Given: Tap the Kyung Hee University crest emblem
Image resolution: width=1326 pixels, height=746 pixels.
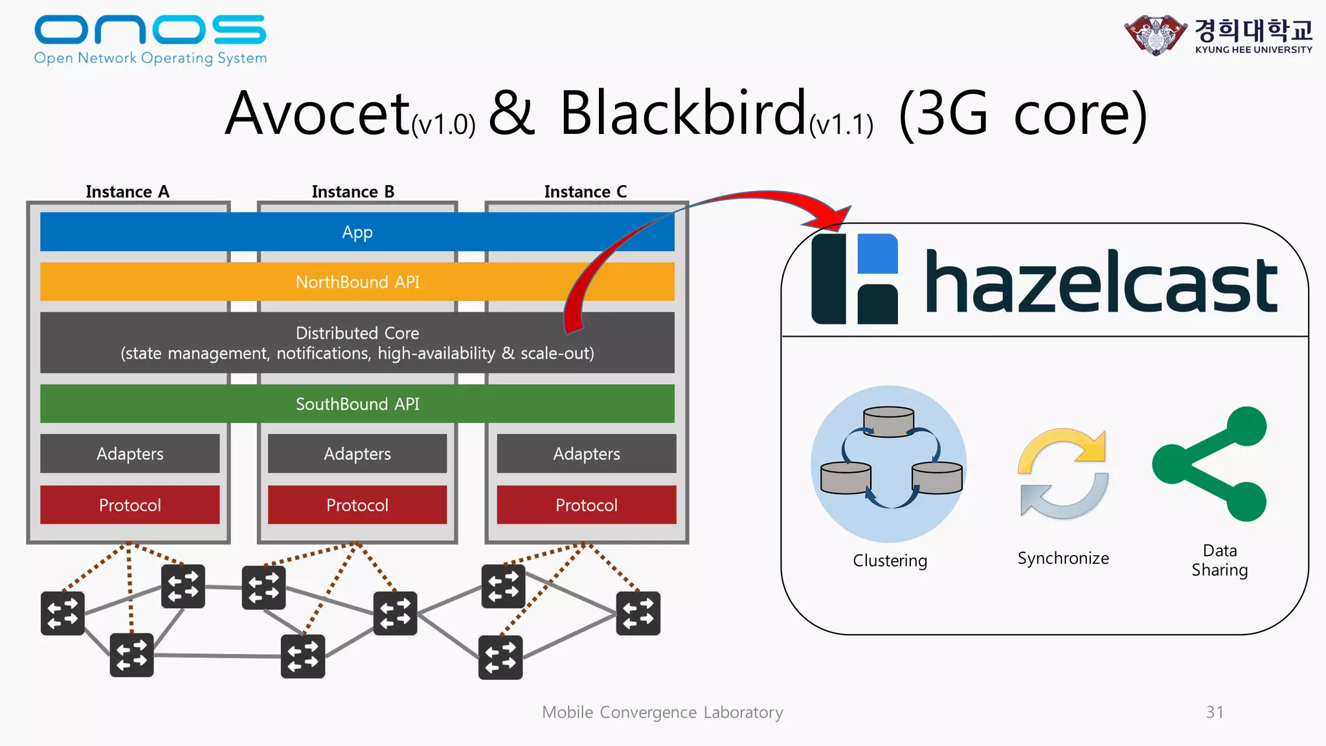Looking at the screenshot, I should pos(1156,35).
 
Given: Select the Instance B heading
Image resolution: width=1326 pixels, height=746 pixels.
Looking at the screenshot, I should pos(353,192).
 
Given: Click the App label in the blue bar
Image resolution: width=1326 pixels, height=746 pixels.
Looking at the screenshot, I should pos(357,232).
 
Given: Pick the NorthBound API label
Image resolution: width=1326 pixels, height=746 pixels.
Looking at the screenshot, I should pos(357,282).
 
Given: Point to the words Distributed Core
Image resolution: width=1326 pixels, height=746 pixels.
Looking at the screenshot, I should pos(357,333).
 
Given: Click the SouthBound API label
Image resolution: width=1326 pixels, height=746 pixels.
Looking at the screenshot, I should pos(357,404).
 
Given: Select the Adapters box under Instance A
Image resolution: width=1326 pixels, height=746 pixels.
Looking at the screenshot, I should pos(130,453).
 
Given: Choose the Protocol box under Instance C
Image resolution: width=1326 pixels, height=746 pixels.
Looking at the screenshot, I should pos(587,505).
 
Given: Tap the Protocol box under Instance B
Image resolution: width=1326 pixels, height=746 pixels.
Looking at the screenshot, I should pos(357,505).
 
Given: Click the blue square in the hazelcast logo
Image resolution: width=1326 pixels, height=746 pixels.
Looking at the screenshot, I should pos(878,254).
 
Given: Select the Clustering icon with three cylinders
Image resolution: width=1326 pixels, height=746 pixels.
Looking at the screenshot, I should pos(889,464).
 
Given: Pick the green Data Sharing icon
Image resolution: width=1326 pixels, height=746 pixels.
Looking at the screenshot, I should pos(1209,464).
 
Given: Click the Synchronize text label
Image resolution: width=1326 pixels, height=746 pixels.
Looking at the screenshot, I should pos(1063,558).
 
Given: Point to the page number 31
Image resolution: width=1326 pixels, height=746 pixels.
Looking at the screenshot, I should pos(1215,712).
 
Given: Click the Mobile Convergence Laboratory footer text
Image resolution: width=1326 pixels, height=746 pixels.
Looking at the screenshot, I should pos(662,712).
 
